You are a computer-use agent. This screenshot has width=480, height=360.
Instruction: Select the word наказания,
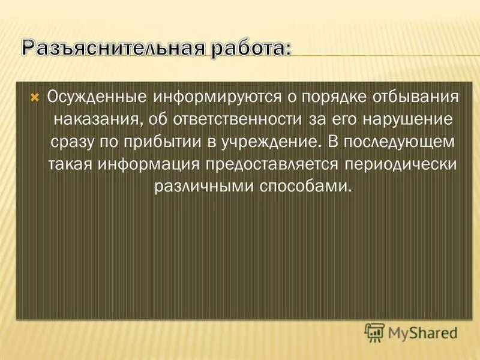coord(99,119)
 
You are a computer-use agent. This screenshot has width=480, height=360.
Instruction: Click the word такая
coord(71,164)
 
